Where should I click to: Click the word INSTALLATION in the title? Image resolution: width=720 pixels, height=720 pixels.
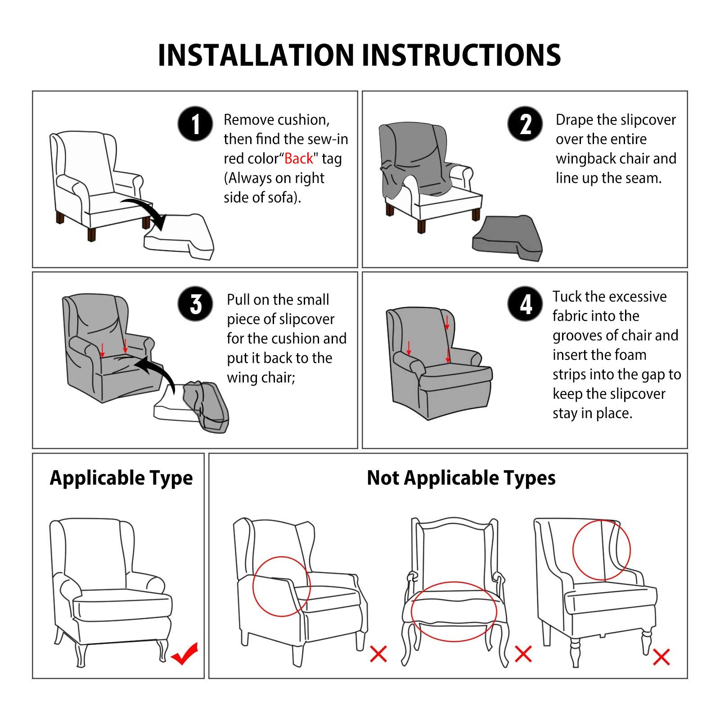coord(256,55)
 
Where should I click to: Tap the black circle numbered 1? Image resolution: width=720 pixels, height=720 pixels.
coord(195,124)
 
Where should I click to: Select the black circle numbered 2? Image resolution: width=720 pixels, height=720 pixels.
coord(525,124)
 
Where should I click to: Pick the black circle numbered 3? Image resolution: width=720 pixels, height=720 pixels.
coord(195,304)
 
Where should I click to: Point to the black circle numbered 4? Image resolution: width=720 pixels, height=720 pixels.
coord(525,304)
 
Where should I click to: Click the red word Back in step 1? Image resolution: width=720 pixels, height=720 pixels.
coord(298,158)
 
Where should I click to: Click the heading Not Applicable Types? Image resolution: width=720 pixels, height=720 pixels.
coord(461,478)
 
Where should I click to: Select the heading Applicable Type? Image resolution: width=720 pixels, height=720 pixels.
coord(121,478)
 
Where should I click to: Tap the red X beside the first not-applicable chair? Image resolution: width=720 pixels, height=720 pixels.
coord(378,654)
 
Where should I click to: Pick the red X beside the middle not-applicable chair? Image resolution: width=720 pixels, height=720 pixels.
coord(523,654)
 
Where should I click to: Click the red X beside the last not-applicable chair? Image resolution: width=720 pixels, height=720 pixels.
coord(661,657)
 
